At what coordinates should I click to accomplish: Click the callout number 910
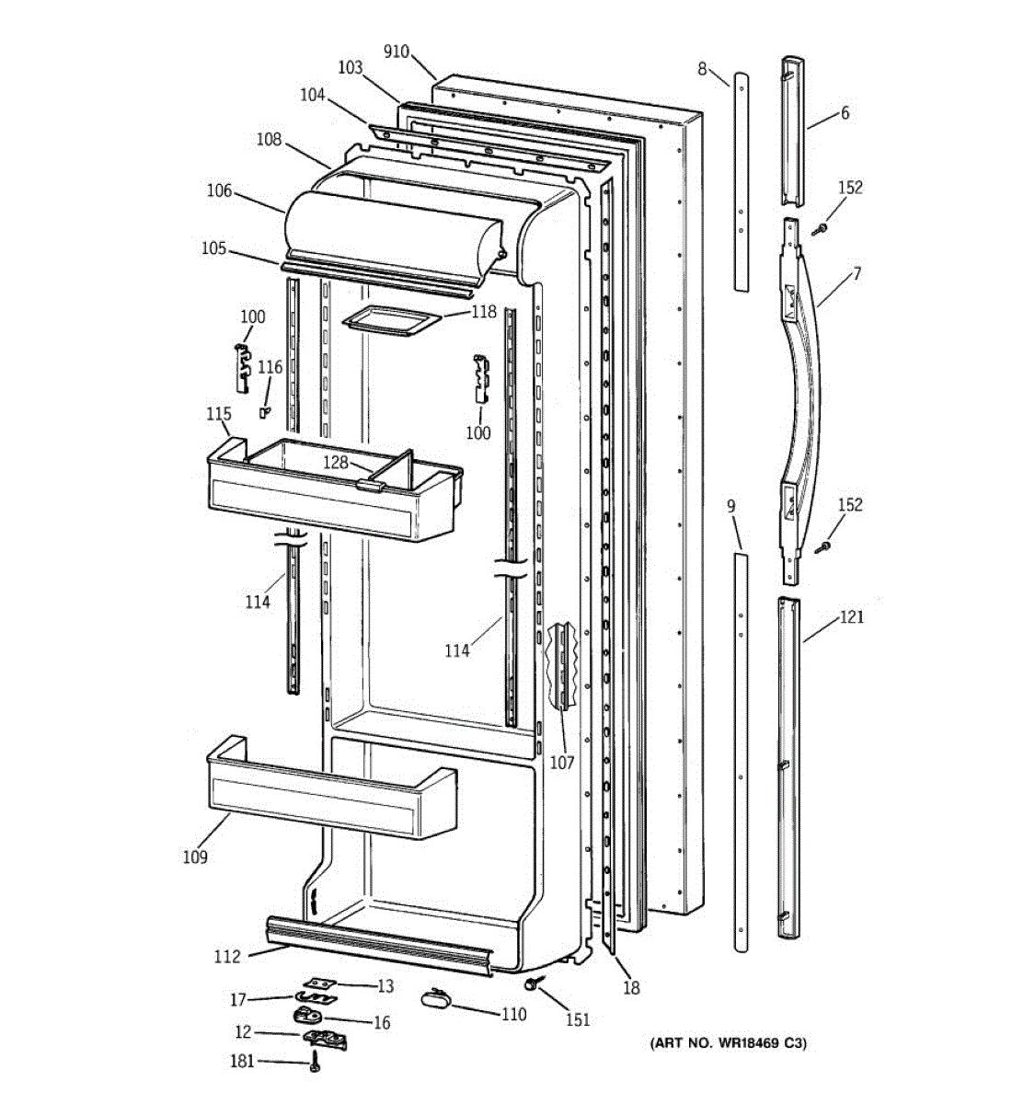396,52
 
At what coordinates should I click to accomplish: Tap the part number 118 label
484,312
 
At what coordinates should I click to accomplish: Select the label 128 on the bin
335,463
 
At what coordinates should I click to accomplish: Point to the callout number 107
561,762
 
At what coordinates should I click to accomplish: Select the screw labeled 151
532,983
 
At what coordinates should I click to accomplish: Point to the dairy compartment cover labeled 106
396,230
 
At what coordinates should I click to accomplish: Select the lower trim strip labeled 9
741,750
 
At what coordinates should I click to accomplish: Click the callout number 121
851,617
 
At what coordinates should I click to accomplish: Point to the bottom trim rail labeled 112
377,943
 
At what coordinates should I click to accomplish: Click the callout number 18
630,988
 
